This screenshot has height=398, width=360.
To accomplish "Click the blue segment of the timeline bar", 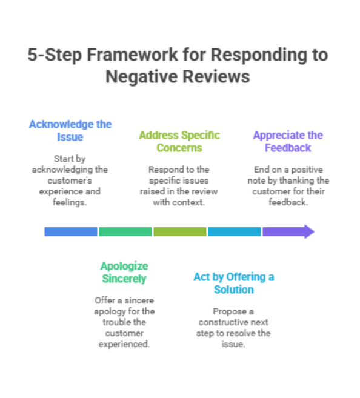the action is tap(71, 232).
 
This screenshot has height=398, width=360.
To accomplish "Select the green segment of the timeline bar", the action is tap(125, 232).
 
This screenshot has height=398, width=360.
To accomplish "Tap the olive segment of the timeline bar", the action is tap(180, 232).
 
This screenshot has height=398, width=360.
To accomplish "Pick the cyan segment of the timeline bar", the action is tap(235, 232).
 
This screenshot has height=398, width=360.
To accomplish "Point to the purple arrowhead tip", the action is tap(315, 232).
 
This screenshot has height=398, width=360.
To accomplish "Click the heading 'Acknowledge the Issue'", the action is tap(70, 131).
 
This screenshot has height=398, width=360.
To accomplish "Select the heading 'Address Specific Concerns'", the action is tap(179, 142).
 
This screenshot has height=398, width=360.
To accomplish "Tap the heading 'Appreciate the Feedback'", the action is tap(288, 142).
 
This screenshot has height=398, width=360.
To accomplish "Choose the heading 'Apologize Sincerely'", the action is tap(124, 273).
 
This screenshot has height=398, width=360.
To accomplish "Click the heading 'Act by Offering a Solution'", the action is tap(234, 284).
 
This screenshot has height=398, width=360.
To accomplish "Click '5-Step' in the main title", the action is tap(55, 55).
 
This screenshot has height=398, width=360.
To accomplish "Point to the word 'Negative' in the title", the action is tap(141, 77).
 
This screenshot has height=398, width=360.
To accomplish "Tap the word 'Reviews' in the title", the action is tap(216, 77).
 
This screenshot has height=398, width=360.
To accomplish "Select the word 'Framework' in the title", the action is tap(133, 55).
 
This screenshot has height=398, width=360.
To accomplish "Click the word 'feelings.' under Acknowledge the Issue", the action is tap(70, 202).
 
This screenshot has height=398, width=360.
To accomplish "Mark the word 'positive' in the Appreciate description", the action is tap(307, 170).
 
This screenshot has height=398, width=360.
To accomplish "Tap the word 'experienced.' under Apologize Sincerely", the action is tap(124, 345).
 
